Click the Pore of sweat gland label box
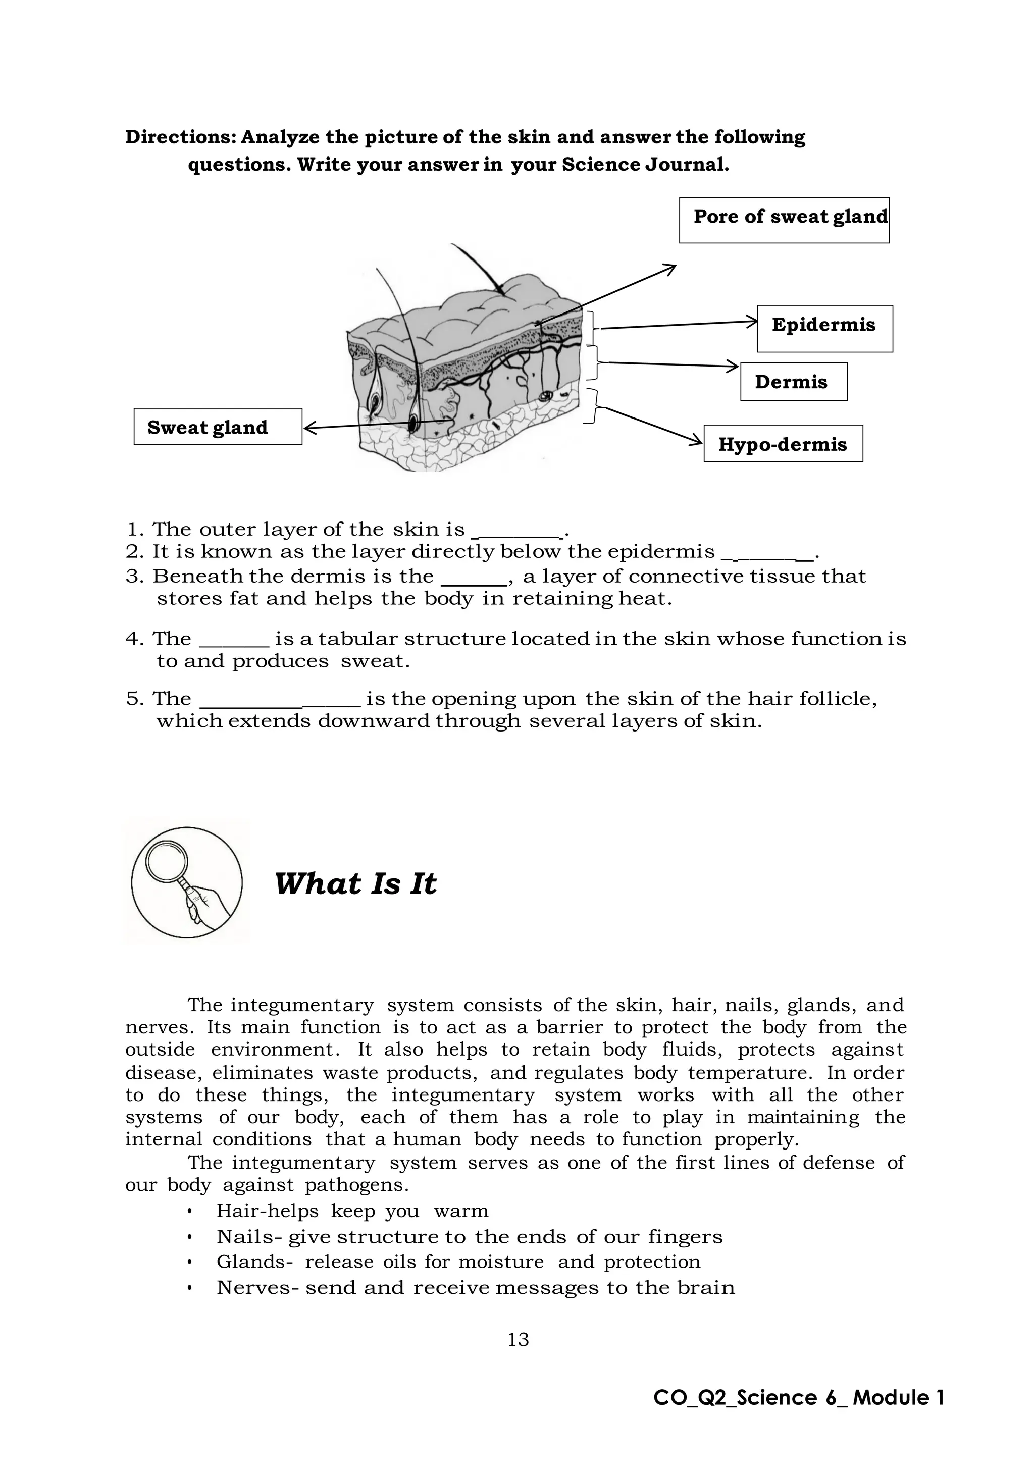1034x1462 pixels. (784, 220)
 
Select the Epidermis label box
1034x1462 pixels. (824, 328)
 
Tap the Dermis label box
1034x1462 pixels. (793, 382)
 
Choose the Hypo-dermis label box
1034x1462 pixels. (783, 443)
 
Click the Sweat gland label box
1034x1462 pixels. (218, 427)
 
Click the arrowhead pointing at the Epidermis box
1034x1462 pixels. (751, 322)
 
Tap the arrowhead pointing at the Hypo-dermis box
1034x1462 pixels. (697, 440)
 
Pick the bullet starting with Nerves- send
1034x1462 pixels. (475, 1287)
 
